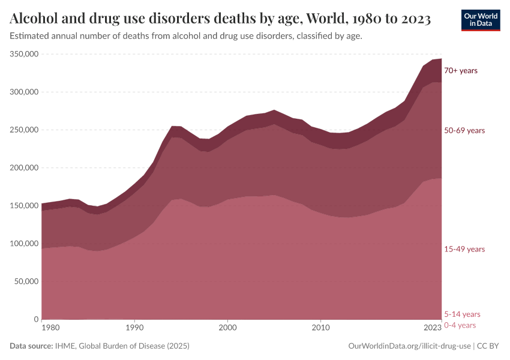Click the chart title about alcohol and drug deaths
[x=220, y=19]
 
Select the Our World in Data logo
[x=480, y=20]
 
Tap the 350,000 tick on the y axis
[x=25, y=54]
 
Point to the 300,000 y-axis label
[x=25, y=92]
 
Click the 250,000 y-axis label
[x=25, y=130]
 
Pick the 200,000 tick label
[x=25, y=168]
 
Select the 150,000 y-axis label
[x=25, y=206]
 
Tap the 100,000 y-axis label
[x=25, y=244]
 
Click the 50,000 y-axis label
[x=26, y=281]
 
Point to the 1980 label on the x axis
[x=50, y=328]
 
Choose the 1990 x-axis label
[x=134, y=328]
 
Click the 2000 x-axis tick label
[x=227, y=328]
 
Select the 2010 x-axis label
[x=321, y=328]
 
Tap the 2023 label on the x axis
[x=432, y=328]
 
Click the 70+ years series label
[x=460, y=71]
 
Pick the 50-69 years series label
[x=464, y=130]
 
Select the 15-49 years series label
[x=464, y=249]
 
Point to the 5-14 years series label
[x=462, y=314]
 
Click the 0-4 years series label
[x=460, y=325]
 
